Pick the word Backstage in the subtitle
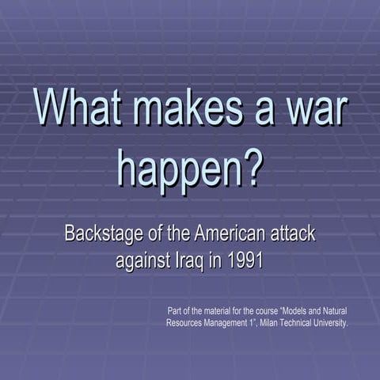pos(104,234)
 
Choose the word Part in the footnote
pos(177,310)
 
